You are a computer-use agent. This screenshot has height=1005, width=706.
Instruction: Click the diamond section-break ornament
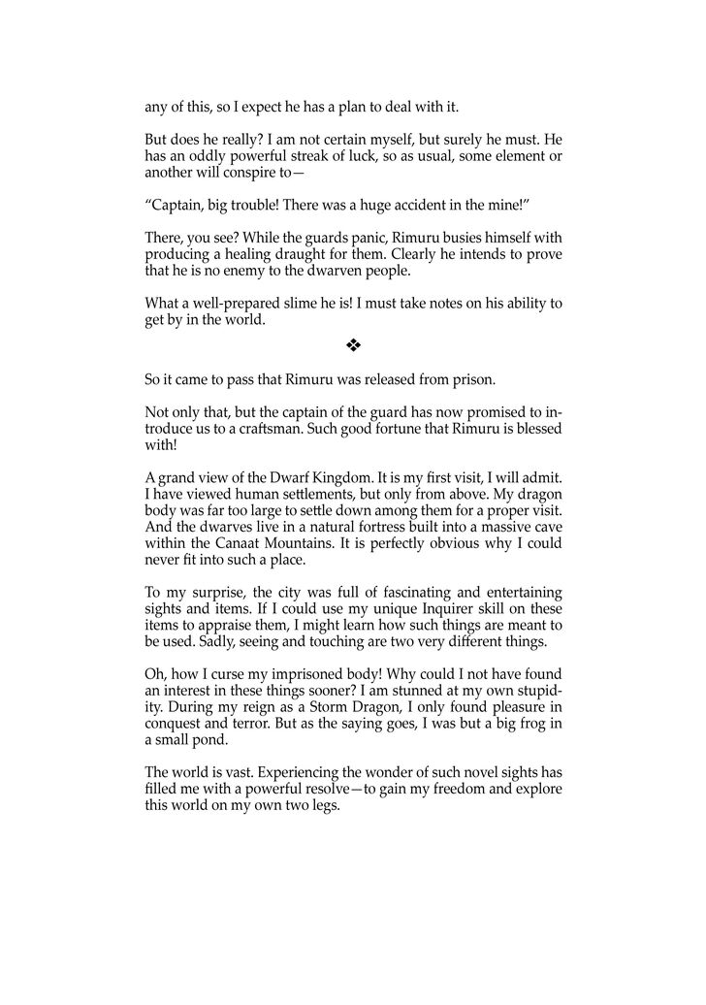353,344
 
